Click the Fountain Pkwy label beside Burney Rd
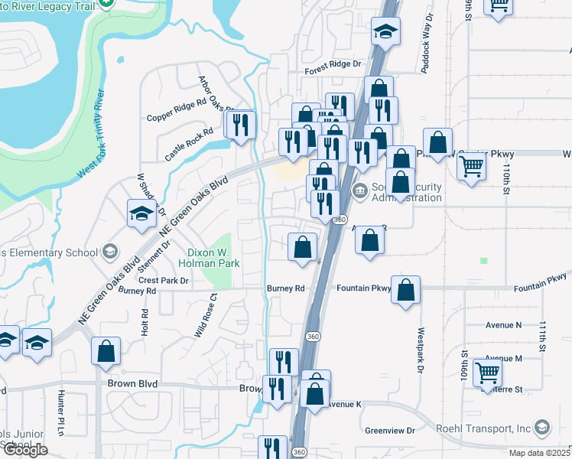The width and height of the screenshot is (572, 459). [x=364, y=288]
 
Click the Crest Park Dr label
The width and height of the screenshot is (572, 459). [x=163, y=281]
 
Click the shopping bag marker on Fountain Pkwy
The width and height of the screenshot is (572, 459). [x=405, y=289]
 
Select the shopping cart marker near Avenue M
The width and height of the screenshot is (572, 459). [x=487, y=373]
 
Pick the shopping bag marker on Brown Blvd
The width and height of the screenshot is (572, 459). [x=106, y=351]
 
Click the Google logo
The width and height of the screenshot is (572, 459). [x=25, y=450]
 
